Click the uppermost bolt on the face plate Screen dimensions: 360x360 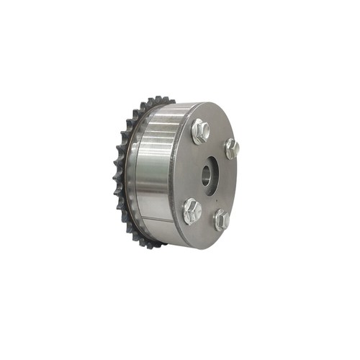[200, 131]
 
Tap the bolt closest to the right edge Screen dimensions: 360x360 [231, 148]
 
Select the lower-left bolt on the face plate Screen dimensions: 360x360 [192, 210]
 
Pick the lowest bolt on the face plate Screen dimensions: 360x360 [220, 219]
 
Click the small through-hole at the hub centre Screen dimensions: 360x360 [208, 176]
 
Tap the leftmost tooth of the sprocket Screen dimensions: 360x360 [117, 173]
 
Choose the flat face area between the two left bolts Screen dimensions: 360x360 [189, 171]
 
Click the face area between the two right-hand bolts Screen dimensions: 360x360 [229, 184]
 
